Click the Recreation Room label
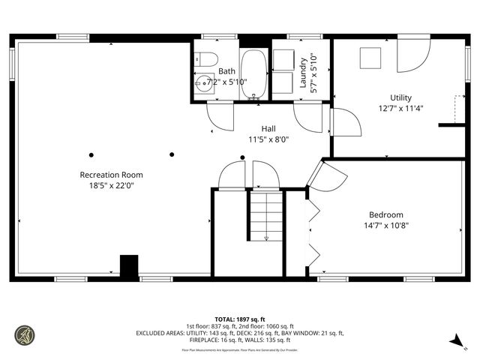[x=111, y=175]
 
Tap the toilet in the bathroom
[x=208, y=58]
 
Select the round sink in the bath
[x=203, y=85]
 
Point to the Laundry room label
[x=304, y=72]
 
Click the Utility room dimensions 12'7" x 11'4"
[x=400, y=108]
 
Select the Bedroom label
[x=386, y=214]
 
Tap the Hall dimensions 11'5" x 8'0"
[x=268, y=139]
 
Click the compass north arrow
[x=454, y=341]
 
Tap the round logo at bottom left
[x=25, y=334]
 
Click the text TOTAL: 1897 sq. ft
[x=240, y=319]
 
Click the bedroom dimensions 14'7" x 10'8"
[x=386, y=224]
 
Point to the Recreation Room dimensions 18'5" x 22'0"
[x=111, y=185]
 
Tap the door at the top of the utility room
[x=412, y=54]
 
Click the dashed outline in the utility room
[x=459, y=109]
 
